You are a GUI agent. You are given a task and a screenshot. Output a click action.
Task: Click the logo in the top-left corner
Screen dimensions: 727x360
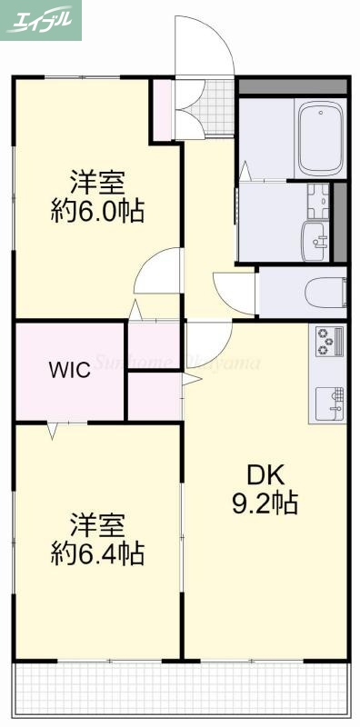coord(42,21)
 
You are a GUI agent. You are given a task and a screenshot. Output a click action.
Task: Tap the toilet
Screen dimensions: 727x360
coord(325,293)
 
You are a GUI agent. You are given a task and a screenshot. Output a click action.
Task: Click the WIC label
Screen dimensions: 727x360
coord(68,371)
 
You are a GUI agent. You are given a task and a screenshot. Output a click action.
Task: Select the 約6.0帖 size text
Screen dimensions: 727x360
coord(96,212)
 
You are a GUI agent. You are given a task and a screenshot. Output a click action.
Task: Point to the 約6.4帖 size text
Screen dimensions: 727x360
coord(96,553)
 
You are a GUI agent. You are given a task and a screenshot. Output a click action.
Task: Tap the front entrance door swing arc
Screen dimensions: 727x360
coord(205,45)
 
